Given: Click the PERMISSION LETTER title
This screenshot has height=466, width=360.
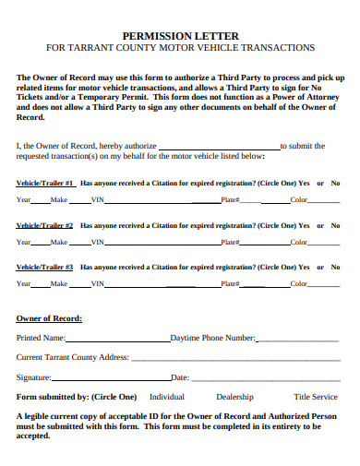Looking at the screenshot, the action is pyautogui.click(x=180, y=33).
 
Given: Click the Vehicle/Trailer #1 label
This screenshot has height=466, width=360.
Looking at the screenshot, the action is pyautogui.click(x=45, y=183).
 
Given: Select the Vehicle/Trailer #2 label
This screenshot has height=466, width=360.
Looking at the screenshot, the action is pyautogui.click(x=45, y=225).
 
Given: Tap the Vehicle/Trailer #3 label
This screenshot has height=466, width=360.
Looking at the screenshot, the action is pyautogui.click(x=45, y=268).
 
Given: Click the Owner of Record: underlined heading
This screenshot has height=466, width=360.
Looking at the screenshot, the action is pyautogui.click(x=49, y=318).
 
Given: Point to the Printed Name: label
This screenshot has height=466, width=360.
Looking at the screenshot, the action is pyautogui.click(x=41, y=338).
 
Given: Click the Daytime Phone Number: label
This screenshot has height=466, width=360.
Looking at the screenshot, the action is pyautogui.click(x=213, y=338).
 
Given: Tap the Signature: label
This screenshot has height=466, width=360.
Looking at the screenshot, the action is pyautogui.click(x=33, y=377).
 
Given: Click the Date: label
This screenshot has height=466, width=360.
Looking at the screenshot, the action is pyautogui.click(x=180, y=377).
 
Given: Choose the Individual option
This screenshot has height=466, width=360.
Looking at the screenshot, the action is pyautogui.click(x=167, y=397).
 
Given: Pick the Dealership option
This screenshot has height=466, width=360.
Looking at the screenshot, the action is pyautogui.click(x=234, y=397).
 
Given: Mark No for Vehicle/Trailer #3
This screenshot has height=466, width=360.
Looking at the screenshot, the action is pyautogui.click(x=335, y=268).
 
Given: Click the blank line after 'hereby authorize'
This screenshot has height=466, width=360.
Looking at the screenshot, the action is pyautogui.click(x=219, y=146).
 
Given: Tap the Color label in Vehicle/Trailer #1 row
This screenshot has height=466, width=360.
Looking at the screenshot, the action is pyautogui.click(x=299, y=200).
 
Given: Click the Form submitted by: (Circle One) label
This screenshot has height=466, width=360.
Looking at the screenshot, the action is pyautogui.click(x=77, y=397).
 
